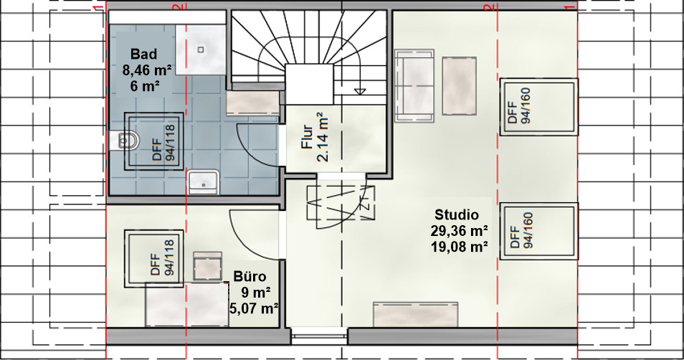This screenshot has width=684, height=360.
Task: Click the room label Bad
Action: [143, 55]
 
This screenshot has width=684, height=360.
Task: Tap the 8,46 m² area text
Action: [147, 70]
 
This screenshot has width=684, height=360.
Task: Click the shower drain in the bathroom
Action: [201, 49]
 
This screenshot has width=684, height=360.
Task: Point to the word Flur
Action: [308, 138]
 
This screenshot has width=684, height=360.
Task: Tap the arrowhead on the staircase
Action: [361, 91]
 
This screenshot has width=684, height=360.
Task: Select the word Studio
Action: [457, 214]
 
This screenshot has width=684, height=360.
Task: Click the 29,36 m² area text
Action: [460, 231]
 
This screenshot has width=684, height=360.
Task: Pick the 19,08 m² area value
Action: [460, 247]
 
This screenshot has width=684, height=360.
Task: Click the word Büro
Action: [250, 277]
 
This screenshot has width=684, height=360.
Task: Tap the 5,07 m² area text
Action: [255, 308]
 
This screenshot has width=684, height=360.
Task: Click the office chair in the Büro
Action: [208, 266]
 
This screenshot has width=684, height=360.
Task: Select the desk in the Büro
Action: [187, 305]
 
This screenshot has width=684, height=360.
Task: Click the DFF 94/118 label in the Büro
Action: [162, 258]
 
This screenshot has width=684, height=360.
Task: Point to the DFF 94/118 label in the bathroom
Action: [163, 143]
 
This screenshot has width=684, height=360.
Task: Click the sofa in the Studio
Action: [414, 85]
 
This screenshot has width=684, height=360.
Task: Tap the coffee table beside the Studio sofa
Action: [459, 86]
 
